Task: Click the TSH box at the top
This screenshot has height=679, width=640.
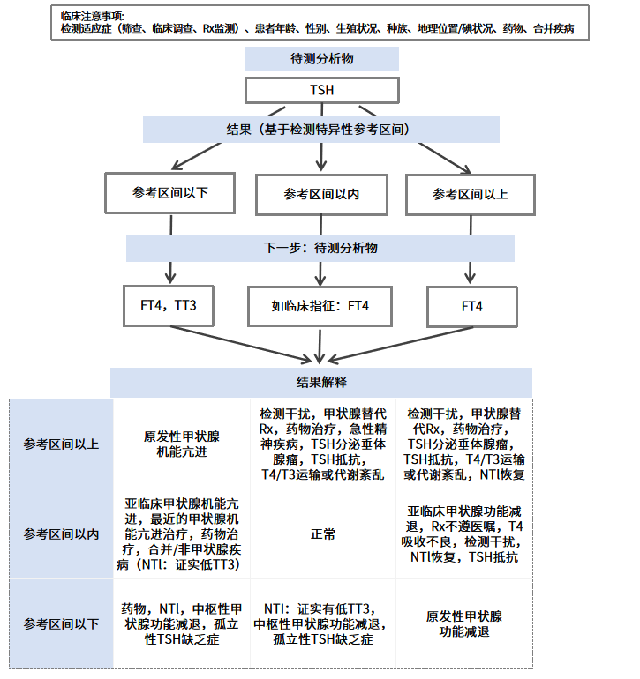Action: click(x=321, y=91)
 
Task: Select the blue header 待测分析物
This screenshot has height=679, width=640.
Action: click(x=321, y=59)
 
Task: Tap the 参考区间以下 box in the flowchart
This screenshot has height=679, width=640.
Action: click(x=170, y=192)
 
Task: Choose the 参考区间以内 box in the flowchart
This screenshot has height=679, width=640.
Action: click(x=321, y=194)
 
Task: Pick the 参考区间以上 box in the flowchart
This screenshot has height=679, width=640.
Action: click(x=471, y=194)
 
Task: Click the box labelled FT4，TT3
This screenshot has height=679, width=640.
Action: click(x=167, y=307)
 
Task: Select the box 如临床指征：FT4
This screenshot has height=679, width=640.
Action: click(x=320, y=307)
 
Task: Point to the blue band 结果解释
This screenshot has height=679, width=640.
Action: click(x=321, y=383)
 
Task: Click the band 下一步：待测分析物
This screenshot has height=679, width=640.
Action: click(x=320, y=248)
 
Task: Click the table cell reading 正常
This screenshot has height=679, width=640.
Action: click(x=322, y=534)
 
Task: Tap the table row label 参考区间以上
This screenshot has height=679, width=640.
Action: click(x=61, y=444)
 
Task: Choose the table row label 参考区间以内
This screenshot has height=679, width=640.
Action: click(x=61, y=534)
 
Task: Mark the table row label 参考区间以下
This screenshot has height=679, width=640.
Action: click(x=61, y=624)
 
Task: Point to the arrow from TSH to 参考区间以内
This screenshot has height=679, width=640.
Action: click(x=321, y=157)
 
